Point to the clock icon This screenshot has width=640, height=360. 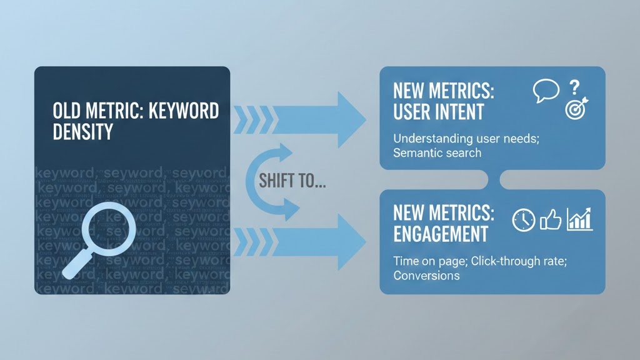pyautogui.click(x=523, y=219)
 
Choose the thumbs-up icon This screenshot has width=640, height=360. pyautogui.click(x=551, y=219)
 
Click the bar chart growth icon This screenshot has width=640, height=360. pyautogui.click(x=579, y=219)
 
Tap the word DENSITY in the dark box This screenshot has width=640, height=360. pyautogui.click(x=83, y=131)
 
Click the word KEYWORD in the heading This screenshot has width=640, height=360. pyautogui.click(x=186, y=111)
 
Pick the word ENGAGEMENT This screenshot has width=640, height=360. pyautogui.click(x=441, y=234)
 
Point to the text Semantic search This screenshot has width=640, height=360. pyautogui.click(x=437, y=152)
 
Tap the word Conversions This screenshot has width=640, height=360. pyautogui.click(x=426, y=276)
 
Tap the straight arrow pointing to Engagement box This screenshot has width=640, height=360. pyautogui.click(x=300, y=238)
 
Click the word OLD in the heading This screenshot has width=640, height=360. pyautogui.click(x=66, y=111)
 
